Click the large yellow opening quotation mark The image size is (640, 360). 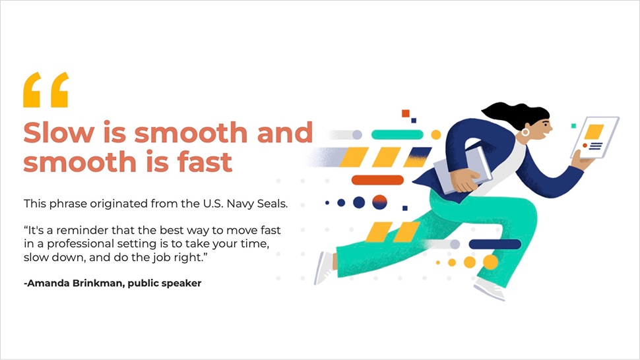46,90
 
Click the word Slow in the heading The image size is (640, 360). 59,133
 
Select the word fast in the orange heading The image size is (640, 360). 205,162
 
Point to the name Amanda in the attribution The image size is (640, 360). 48,283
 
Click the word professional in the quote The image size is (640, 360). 80,244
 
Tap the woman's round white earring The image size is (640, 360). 525,132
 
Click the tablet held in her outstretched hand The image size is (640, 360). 594,137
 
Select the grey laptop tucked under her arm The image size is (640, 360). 463,170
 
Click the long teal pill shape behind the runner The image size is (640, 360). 397,134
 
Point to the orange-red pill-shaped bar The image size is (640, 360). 377,180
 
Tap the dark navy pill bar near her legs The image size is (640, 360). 495,244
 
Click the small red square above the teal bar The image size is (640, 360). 405,113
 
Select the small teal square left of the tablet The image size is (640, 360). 573,126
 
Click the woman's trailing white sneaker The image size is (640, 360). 325,268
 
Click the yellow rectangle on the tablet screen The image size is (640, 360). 594,132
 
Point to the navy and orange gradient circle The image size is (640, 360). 379,202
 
